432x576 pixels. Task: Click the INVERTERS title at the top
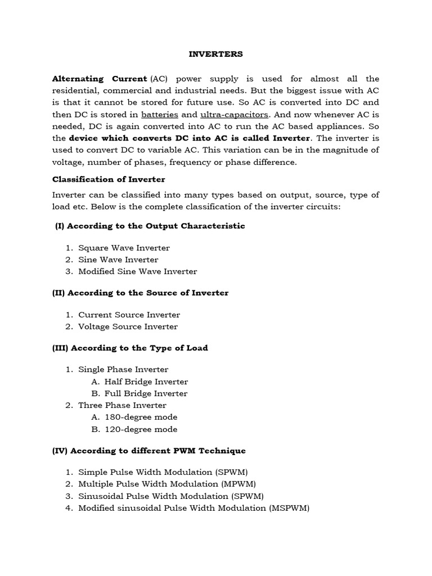(216, 54)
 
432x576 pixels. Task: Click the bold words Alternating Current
(100, 79)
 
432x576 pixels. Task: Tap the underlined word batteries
(160, 114)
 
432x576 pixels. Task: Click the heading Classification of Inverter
(109, 179)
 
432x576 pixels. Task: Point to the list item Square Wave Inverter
(124, 247)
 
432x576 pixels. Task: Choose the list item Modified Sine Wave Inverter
(137, 271)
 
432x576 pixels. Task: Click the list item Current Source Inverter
(129, 315)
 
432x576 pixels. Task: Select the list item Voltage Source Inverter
(128, 327)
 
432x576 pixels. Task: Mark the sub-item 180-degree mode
(141, 417)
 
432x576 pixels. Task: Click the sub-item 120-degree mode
(141, 430)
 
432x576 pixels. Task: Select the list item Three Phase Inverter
(122, 406)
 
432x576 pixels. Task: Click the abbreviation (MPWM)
(238, 484)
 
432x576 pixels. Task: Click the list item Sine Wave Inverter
(118, 259)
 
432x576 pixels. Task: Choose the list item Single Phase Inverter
(123, 370)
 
